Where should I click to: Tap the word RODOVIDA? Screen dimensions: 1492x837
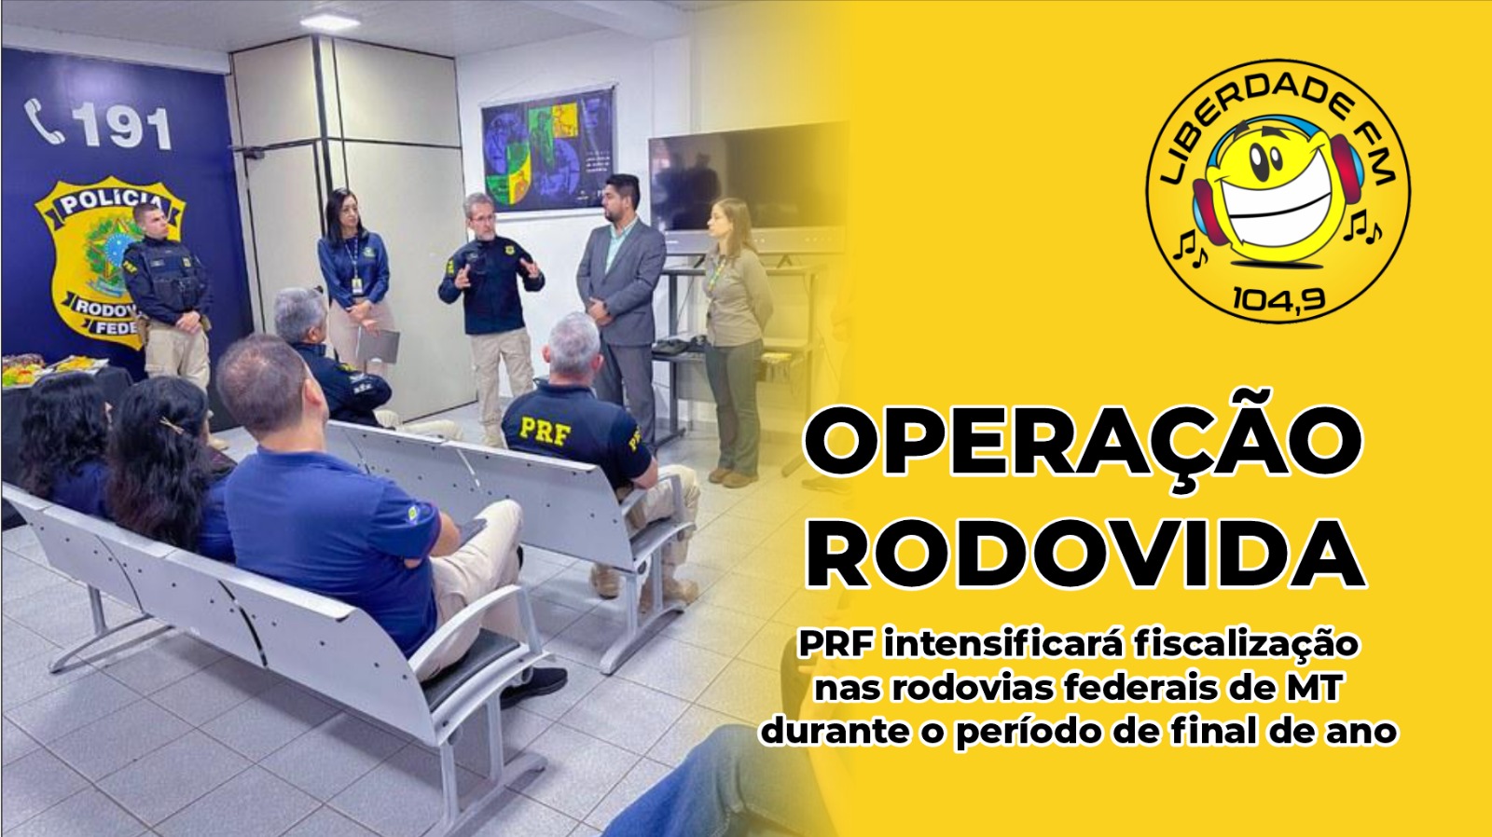point(1085,554)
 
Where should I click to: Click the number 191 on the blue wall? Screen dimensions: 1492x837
point(122,127)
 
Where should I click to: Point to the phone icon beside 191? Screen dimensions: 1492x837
point(44,121)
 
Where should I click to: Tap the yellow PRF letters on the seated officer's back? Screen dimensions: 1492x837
point(546,432)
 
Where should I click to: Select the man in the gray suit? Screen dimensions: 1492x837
point(620,307)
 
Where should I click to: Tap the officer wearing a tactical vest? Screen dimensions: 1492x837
point(170,293)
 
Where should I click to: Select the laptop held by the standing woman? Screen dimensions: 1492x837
point(378,346)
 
